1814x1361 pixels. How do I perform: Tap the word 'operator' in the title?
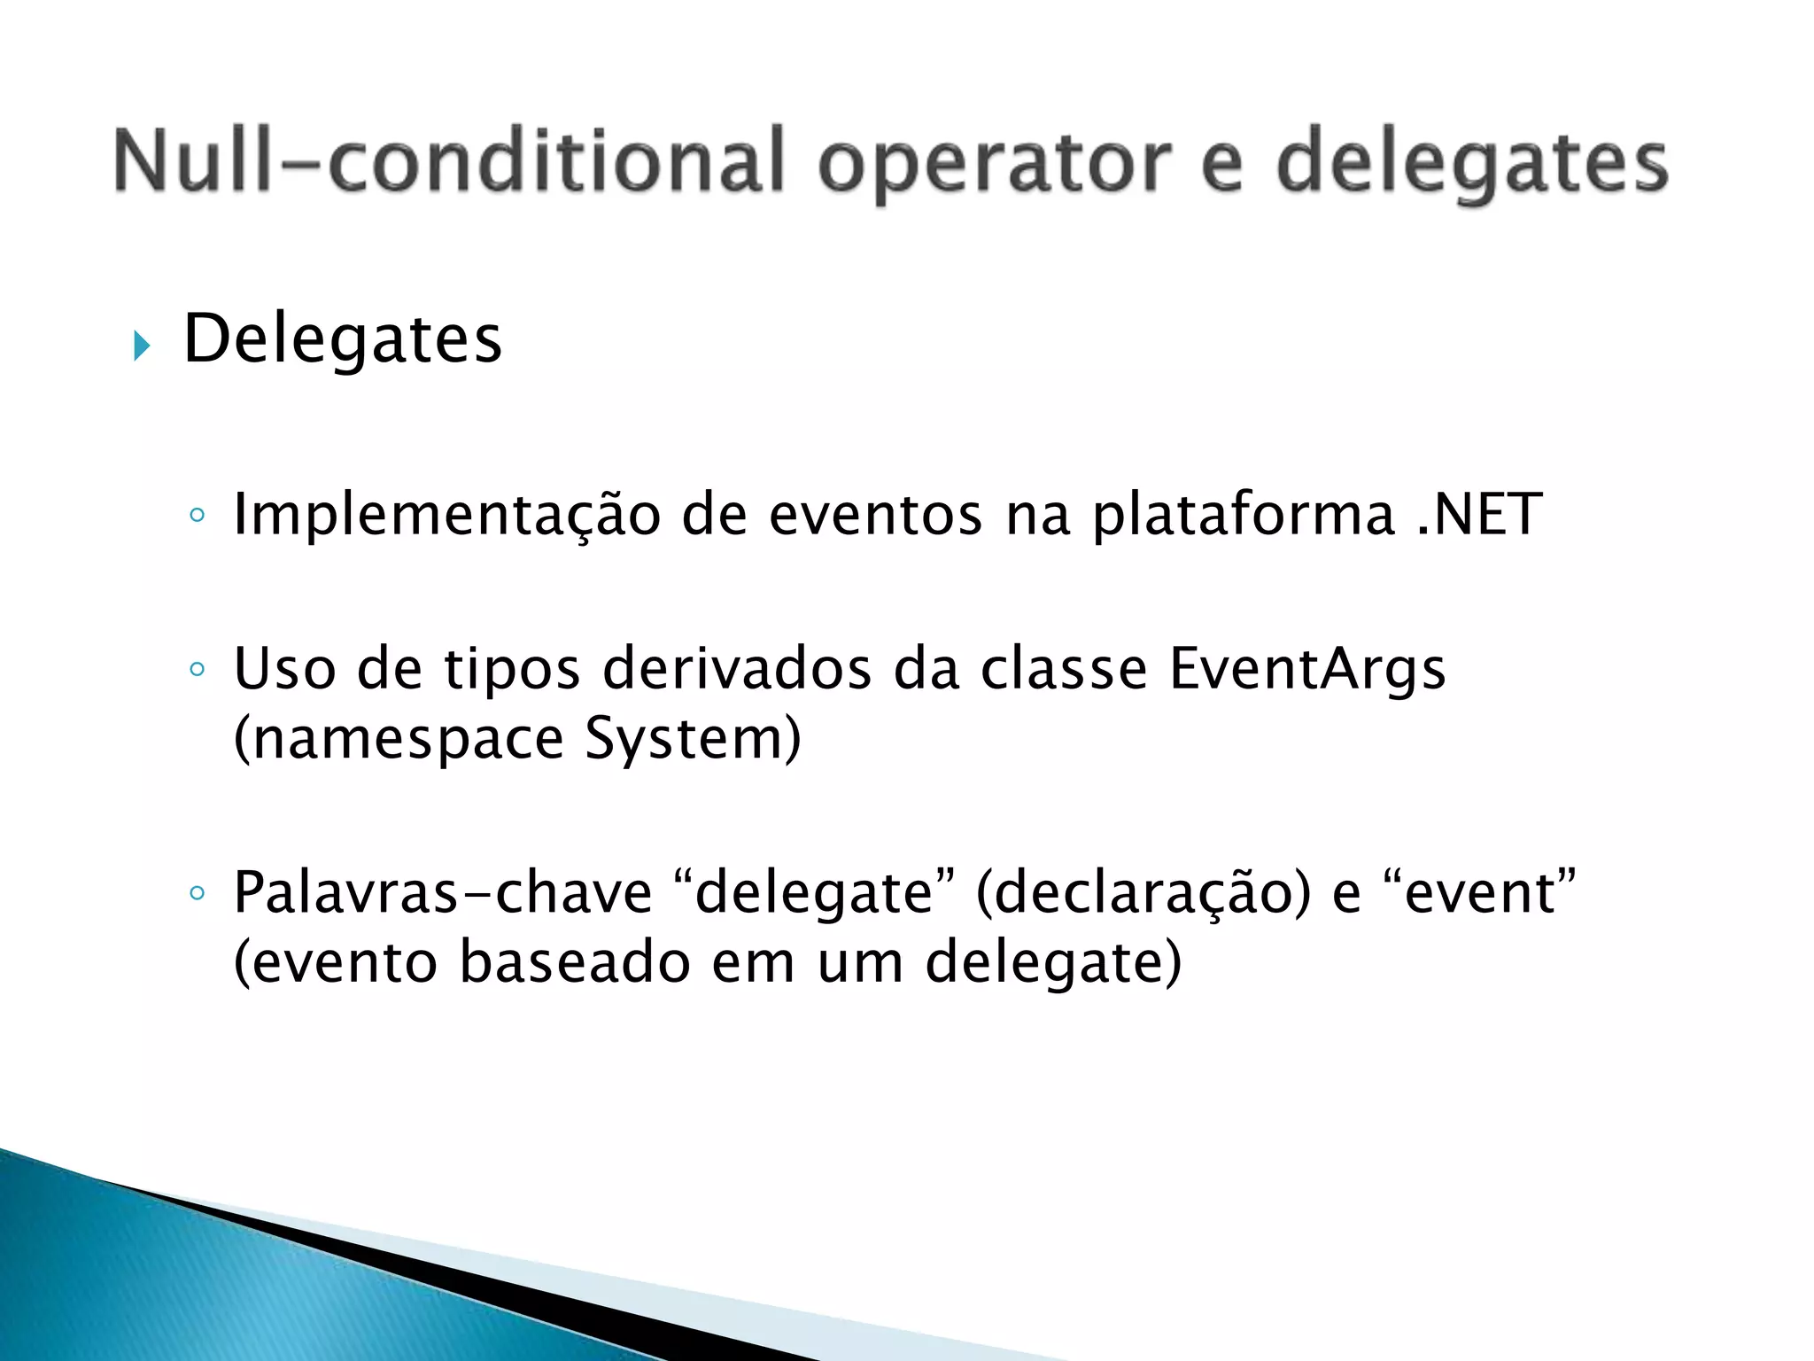[x=994, y=164]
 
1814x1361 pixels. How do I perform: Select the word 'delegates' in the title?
[x=1471, y=164]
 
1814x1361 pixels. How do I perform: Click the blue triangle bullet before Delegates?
[x=142, y=346]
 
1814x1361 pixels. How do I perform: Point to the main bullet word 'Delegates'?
[x=343, y=339]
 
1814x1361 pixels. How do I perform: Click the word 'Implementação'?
[x=446, y=515]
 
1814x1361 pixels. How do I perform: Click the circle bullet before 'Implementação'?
[x=198, y=515]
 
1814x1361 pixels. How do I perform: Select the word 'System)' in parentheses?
[x=693, y=739]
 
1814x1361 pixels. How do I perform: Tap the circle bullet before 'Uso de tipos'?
[x=198, y=669]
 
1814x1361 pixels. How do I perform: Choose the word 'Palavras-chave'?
[x=442, y=892]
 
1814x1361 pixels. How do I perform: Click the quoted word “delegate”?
[x=814, y=892]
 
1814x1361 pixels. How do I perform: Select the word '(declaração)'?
[x=1143, y=894]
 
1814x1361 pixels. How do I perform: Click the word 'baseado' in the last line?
[x=574, y=963]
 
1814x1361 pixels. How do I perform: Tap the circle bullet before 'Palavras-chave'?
[x=198, y=893]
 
